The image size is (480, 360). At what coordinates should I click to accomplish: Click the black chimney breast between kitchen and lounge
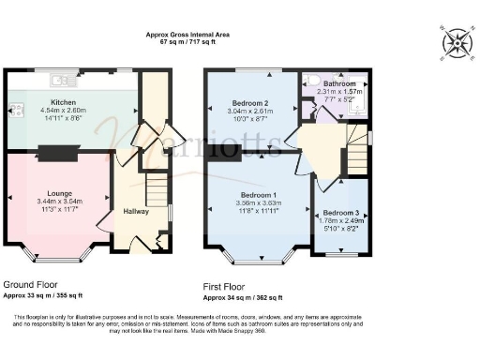click(64, 152)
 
